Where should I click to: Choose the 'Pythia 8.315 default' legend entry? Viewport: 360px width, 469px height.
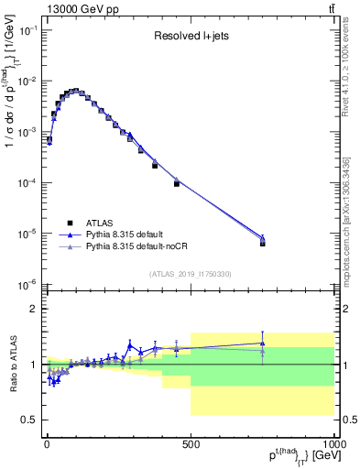pyautogui.click(x=136, y=234)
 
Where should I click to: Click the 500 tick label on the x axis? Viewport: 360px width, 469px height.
pyautogui.click(x=190, y=443)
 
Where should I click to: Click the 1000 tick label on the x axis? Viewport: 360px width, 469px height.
pyautogui.click(x=333, y=443)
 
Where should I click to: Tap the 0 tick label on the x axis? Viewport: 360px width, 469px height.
pyautogui.click(x=46, y=443)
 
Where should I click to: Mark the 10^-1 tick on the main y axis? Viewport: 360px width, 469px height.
pyautogui.click(x=26, y=30)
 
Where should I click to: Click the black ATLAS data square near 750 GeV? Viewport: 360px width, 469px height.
pyautogui.click(x=262, y=244)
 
